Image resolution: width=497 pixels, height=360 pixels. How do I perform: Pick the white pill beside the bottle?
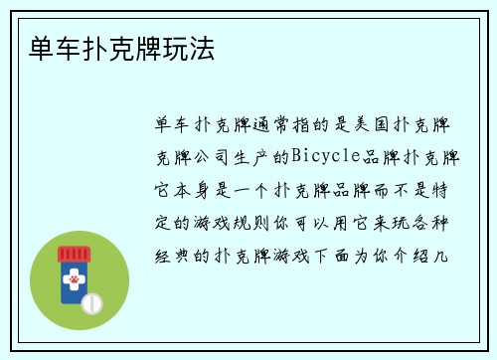tap(91, 302)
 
